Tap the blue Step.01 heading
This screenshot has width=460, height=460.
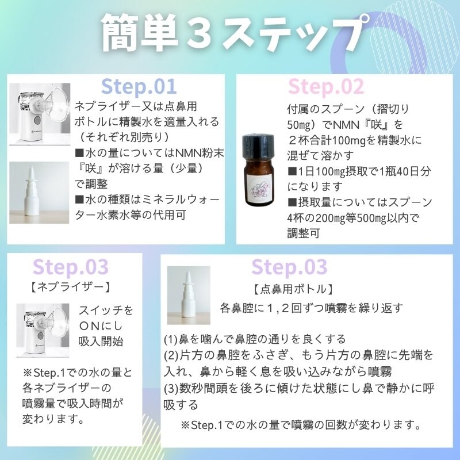coord(139,87)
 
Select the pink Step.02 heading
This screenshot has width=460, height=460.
coord(326,87)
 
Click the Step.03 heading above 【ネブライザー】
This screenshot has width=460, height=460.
coord(71,267)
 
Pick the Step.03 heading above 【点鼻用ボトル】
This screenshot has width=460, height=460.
coord(289,267)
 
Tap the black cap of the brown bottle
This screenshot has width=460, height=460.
coord(258,145)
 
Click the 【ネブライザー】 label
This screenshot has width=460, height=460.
coord(71,287)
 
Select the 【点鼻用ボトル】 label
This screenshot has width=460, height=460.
coord(293,289)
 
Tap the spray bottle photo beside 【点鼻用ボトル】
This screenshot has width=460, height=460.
coord(189,295)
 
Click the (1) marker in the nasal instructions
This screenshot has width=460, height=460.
coord(171,339)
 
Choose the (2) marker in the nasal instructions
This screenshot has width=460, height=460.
coord(171,355)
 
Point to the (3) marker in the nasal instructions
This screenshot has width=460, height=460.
coord(171,389)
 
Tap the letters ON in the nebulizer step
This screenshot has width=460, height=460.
coord(90,326)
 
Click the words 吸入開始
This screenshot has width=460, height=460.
coord(101,342)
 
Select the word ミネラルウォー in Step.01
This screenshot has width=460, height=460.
coord(181,200)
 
